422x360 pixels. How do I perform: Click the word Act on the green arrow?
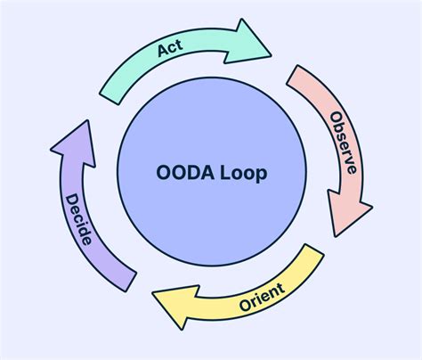tap(169, 51)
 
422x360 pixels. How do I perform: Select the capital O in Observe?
tap(336, 119)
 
